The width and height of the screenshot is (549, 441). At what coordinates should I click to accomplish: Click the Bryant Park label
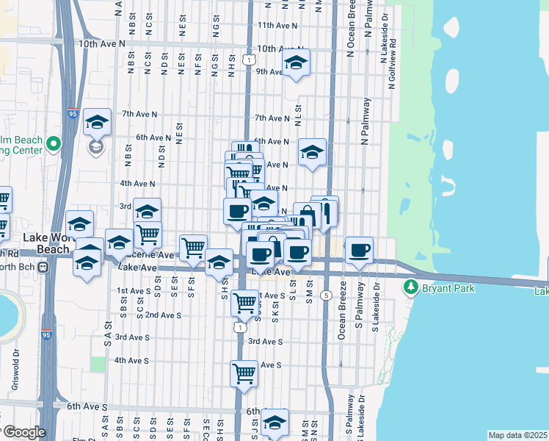pyautogui.click(x=448, y=288)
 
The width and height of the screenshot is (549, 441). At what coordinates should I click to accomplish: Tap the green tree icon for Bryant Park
pyautogui.click(x=412, y=287)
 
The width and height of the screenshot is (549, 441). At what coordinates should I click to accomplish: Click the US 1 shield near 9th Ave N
pyautogui.click(x=251, y=59)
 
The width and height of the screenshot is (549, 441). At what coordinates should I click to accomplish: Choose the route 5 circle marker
pyautogui.click(x=325, y=295)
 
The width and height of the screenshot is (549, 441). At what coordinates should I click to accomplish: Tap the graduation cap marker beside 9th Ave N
pyautogui.click(x=296, y=63)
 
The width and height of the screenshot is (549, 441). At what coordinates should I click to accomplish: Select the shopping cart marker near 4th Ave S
pyautogui.click(x=244, y=373)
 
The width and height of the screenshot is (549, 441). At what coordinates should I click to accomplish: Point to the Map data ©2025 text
pyautogui.click(x=518, y=435)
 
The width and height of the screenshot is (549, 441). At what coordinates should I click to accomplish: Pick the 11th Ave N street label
pyautogui.click(x=277, y=25)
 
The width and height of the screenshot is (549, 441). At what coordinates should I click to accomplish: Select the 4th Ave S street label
pyautogui.click(x=131, y=361)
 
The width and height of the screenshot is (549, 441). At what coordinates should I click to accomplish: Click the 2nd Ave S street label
pyautogui.click(x=163, y=315)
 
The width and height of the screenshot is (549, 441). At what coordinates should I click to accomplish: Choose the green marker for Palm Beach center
pyautogui.click(x=53, y=143)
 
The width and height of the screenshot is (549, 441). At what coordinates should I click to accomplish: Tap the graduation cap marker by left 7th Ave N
pyautogui.click(x=97, y=123)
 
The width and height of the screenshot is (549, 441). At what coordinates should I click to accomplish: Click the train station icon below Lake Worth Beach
pyautogui.click(x=43, y=266)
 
